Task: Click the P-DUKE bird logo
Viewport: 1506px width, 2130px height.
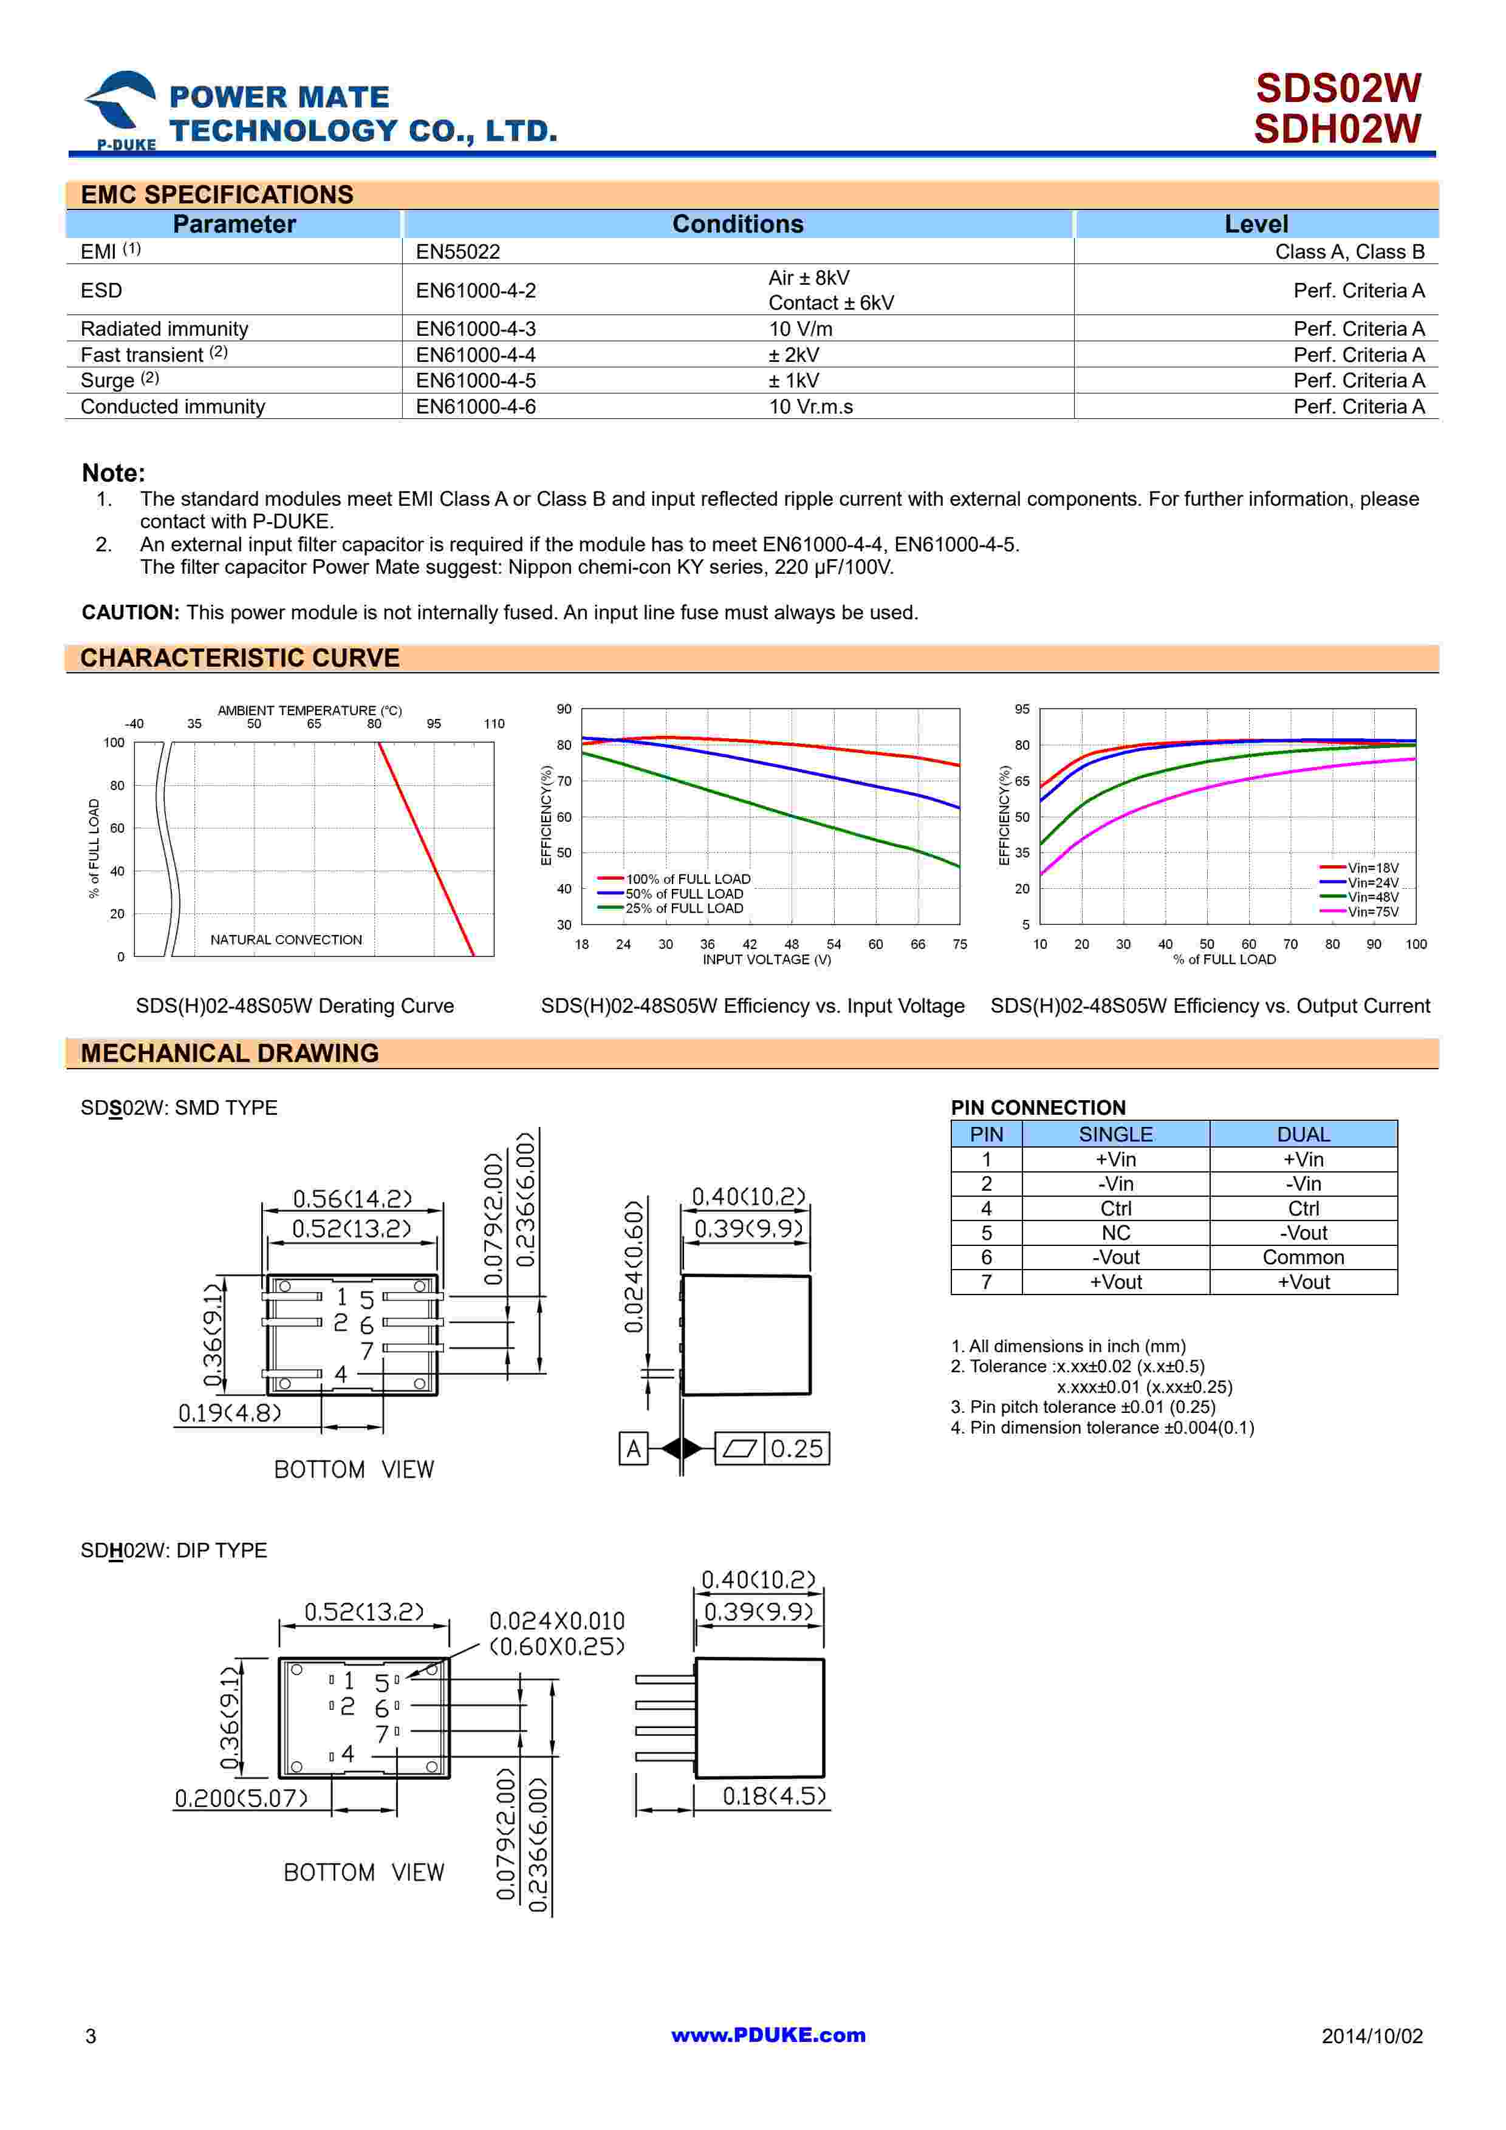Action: coord(122,107)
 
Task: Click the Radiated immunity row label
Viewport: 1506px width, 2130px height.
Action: coord(164,328)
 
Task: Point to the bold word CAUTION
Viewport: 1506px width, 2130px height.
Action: coord(130,612)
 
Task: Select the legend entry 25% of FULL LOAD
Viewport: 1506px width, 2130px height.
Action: coord(683,908)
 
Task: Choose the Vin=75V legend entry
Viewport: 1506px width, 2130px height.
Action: coord(1372,912)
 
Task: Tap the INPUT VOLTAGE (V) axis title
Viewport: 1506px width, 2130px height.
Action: coord(767,959)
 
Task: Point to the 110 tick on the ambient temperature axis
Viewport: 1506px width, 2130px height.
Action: coord(494,724)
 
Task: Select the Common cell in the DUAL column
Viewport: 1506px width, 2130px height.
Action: coord(1302,1257)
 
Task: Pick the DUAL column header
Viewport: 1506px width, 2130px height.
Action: coord(1302,1134)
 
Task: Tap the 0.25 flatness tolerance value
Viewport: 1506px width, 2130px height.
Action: coord(796,1448)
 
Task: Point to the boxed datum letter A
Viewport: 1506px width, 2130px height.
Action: coord(634,1448)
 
